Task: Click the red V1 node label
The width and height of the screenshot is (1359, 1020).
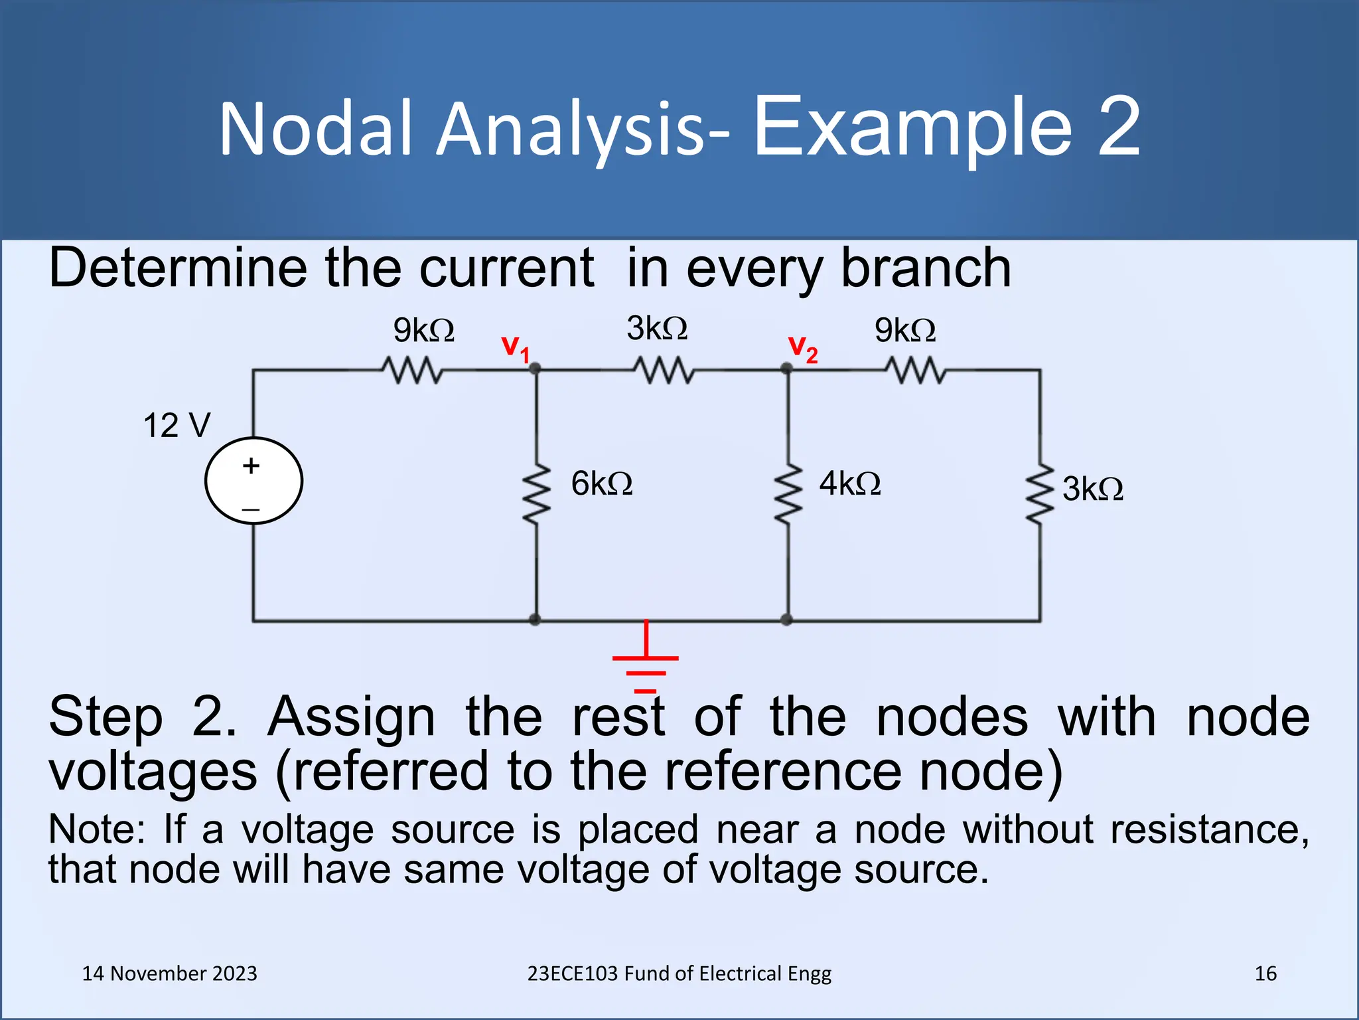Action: pyautogui.click(x=515, y=348)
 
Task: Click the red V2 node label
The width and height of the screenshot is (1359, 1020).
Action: pyautogui.click(x=802, y=348)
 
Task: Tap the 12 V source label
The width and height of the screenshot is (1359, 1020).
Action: pyautogui.click(x=177, y=426)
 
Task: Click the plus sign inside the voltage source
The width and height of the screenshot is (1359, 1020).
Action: pyautogui.click(x=251, y=466)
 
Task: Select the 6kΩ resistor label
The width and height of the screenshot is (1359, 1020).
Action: pyautogui.click(x=601, y=483)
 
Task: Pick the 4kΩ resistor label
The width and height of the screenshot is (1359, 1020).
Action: pyautogui.click(x=849, y=483)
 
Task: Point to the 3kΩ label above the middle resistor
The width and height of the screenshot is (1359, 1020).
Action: pyautogui.click(x=656, y=328)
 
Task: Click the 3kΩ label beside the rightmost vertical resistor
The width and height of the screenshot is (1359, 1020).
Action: pyautogui.click(x=1092, y=489)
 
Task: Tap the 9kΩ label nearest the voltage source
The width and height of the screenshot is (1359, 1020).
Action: pyautogui.click(x=423, y=330)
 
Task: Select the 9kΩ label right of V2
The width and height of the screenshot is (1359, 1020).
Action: pyautogui.click(x=904, y=330)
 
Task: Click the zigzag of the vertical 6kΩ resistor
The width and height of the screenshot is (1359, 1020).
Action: pyautogui.click(x=536, y=493)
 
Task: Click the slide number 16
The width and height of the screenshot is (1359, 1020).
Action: pyautogui.click(x=1265, y=974)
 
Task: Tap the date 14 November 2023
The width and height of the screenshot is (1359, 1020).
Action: pyautogui.click(x=169, y=974)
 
